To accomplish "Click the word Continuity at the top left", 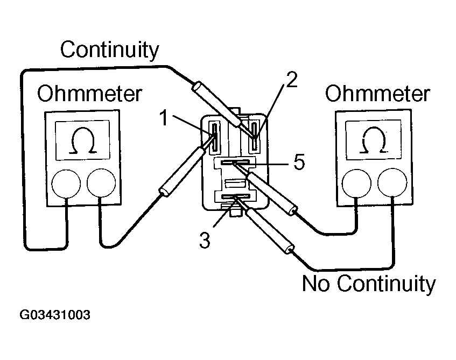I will point(110,50).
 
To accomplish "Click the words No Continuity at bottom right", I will point(369,284).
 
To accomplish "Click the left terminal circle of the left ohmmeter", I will point(66,183).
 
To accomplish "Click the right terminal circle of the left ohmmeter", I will point(101,183).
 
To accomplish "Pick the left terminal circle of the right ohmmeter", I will point(356,183).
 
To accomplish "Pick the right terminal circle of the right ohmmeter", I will point(392,183).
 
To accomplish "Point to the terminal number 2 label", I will point(291,80).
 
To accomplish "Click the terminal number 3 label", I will point(204,240).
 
